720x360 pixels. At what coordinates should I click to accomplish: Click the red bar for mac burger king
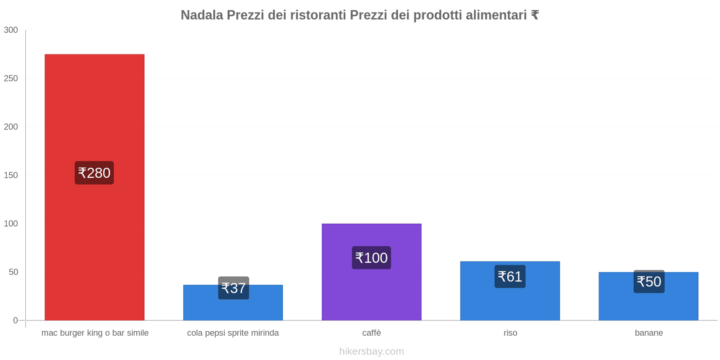point(94,112)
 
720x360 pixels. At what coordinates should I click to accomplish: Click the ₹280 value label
point(94,173)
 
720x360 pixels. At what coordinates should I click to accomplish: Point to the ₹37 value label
point(234,288)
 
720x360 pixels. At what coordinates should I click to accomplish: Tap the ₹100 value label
point(371,258)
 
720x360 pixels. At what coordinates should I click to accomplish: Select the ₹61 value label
point(510,276)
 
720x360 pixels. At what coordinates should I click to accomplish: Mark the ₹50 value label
point(649,282)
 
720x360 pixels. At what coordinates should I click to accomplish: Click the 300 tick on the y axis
point(11,30)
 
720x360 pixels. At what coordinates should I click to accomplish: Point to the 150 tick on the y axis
point(11,175)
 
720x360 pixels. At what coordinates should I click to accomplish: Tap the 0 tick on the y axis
point(15,320)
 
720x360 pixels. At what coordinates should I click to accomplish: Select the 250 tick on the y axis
point(11,78)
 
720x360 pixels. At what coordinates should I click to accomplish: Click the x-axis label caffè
point(371,333)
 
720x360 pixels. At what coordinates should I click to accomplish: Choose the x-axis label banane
point(648,333)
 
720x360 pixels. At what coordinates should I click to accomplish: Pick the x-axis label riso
point(510,333)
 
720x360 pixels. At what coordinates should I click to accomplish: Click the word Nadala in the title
point(202,15)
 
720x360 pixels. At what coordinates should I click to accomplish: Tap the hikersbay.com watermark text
point(371,351)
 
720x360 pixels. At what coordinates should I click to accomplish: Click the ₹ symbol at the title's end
point(535,15)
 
